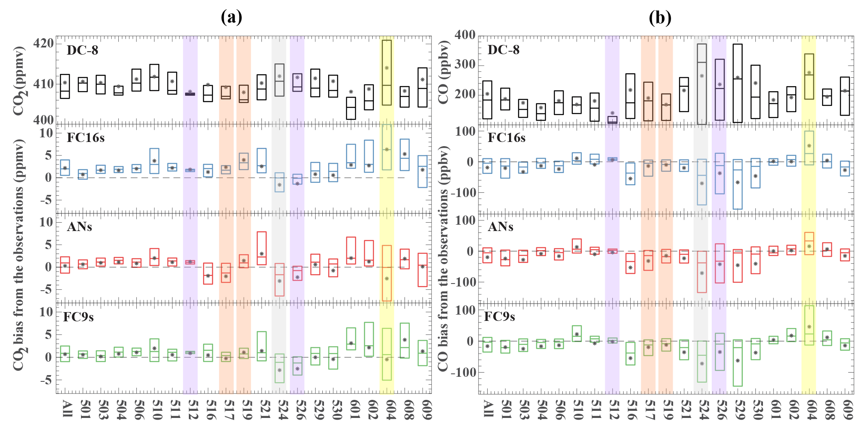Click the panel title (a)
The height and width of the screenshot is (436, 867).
pos(231,17)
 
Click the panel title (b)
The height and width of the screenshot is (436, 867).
pos(660,17)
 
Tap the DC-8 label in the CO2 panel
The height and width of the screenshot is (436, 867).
pos(82,50)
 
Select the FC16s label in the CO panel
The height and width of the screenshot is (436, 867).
pos(506,138)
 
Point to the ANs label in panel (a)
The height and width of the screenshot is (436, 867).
pos(79,227)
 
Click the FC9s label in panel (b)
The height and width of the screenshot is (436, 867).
pos(499,316)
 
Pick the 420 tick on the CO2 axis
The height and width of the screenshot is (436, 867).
pos(44,43)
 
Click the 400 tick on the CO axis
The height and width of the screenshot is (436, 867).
pos(465,34)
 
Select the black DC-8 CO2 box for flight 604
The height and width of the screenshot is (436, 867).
pos(386,72)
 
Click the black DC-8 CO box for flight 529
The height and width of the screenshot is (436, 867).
pos(738,83)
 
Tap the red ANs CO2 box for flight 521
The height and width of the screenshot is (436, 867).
pos(261,248)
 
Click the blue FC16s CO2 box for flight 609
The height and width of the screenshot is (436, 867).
pos(423,171)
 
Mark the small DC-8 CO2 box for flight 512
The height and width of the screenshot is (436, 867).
pos(190,94)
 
